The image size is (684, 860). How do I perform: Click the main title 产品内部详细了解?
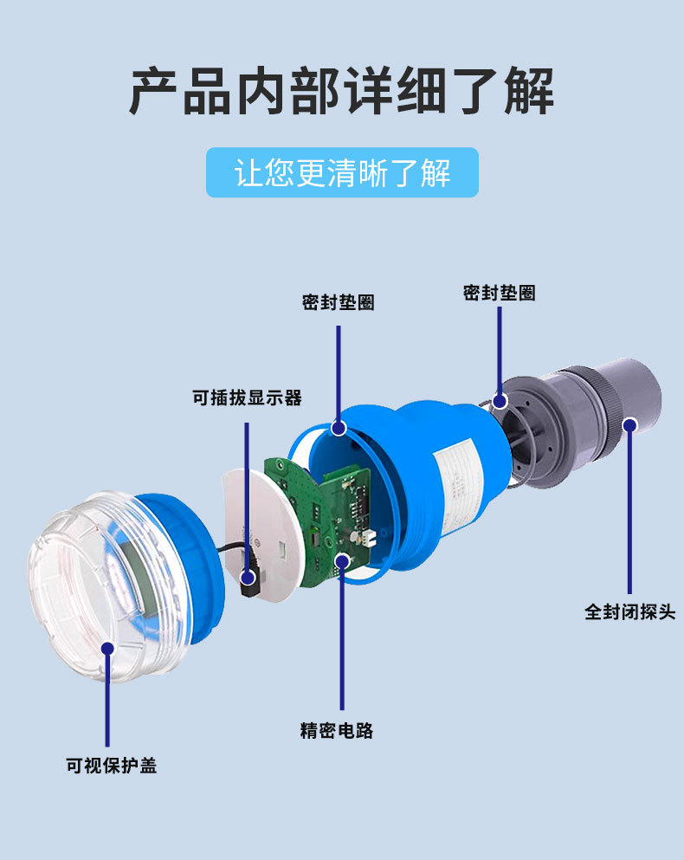pyautogui.click(x=341, y=90)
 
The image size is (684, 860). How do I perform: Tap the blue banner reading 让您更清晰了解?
pyautogui.click(x=342, y=172)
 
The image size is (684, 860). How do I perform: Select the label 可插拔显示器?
pyautogui.click(x=247, y=398)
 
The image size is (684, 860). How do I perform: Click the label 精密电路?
pyautogui.click(x=337, y=731)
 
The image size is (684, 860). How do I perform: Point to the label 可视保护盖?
pyautogui.click(x=112, y=765)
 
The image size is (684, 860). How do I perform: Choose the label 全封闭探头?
pyautogui.click(x=630, y=611)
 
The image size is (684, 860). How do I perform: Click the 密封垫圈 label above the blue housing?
pyautogui.click(x=339, y=302)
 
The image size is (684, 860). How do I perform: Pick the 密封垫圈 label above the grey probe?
pyautogui.click(x=500, y=293)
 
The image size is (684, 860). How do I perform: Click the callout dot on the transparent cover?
pyautogui.click(x=107, y=649)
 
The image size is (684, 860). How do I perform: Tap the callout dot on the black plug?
pyautogui.click(x=248, y=577)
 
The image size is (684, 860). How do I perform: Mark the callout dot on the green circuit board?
pyautogui.click(x=342, y=561)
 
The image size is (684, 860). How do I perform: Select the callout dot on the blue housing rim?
pyautogui.click(x=339, y=428)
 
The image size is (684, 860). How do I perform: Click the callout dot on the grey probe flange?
pyautogui.click(x=500, y=401)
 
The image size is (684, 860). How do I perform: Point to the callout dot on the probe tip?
pyautogui.click(x=630, y=425)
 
